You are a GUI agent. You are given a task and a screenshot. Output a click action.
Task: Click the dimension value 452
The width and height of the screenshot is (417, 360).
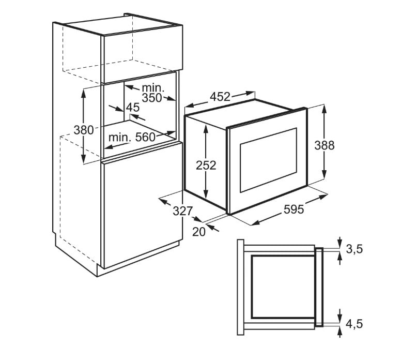(220, 97)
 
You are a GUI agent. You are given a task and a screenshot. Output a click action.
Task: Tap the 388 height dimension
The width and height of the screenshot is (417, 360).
(325, 145)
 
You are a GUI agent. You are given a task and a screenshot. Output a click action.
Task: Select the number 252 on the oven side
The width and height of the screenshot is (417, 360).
(206, 165)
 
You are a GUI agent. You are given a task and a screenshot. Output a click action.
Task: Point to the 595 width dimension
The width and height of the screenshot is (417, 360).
(294, 209)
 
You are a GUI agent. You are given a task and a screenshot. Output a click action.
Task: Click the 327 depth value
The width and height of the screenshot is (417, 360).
(182, 211)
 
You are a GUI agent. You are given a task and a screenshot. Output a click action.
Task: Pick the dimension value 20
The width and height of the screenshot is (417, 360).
(199, 232)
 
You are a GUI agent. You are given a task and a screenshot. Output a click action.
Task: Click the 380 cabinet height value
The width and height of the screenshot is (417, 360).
(83, 129)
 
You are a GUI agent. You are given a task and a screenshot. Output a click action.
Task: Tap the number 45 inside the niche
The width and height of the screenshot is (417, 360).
(133, 108)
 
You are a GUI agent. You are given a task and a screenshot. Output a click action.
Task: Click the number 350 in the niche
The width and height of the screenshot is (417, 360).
(152, 98)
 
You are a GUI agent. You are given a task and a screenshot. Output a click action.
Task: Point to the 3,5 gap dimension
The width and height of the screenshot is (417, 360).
(354, 249)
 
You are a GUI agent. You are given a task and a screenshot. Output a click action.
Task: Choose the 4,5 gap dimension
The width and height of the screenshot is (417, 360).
(354, 324)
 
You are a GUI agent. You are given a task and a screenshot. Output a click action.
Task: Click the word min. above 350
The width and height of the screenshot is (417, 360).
(153, 87)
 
